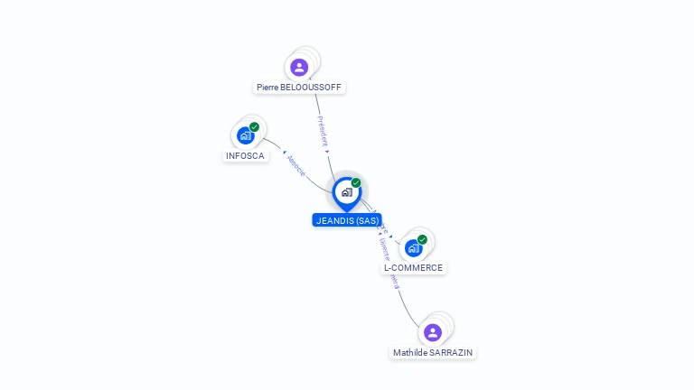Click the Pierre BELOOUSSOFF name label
[300, 88]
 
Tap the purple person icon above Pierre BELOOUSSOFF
[299, 67]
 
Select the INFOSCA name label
[245, 155]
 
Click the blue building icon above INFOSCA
[245, 135]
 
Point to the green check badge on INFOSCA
[255, 127]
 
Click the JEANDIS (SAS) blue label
[347, 220]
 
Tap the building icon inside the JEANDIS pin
[346, 191]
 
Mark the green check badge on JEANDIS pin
[356, 182]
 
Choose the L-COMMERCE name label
[413, 267]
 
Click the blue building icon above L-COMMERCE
[413, 247]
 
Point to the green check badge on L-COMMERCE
[422, 239]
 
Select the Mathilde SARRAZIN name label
[433, 352]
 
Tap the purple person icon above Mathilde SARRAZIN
[433, 331]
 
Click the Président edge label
[323, 130]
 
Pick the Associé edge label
[296, 165]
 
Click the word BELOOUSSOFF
[312, 88]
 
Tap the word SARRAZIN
[451, 352]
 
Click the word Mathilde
[411, 352]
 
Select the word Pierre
[267, 88]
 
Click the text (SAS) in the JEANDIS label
[367, 220]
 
